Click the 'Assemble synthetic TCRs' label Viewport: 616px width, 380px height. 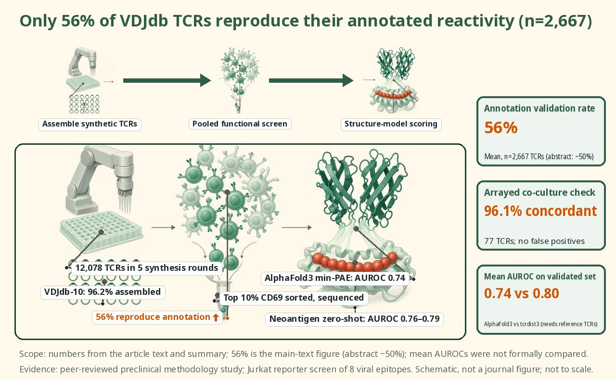point(90,124)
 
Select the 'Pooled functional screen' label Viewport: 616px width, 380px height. point(240,124)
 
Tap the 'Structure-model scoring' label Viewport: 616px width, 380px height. point(391,124)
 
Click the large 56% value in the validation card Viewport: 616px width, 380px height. point(501,127)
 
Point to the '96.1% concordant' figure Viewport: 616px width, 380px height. point(540,211)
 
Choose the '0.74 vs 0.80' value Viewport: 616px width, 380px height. point(521,293)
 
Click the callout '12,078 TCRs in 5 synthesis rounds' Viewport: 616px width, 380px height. point(147,268)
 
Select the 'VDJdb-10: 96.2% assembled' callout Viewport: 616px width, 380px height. point(103,292)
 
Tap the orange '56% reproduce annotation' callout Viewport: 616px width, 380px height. point(157,317)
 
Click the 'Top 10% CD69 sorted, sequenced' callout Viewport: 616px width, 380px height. point(294,298)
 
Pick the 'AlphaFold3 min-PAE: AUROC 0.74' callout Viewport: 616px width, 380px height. point(335,278)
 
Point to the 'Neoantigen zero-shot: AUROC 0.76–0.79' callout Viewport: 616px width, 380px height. point(355,319)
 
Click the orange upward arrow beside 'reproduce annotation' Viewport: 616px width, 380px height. point(216,317)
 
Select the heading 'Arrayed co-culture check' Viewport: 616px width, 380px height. point(539,192)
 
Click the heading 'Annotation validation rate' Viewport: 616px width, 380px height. point(539,108)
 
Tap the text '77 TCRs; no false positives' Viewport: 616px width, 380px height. point(535,241)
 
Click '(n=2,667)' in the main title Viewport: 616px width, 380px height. point(555,21)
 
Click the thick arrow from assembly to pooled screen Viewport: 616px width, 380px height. point(167,80)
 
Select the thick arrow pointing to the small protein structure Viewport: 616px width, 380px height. point(311,80)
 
